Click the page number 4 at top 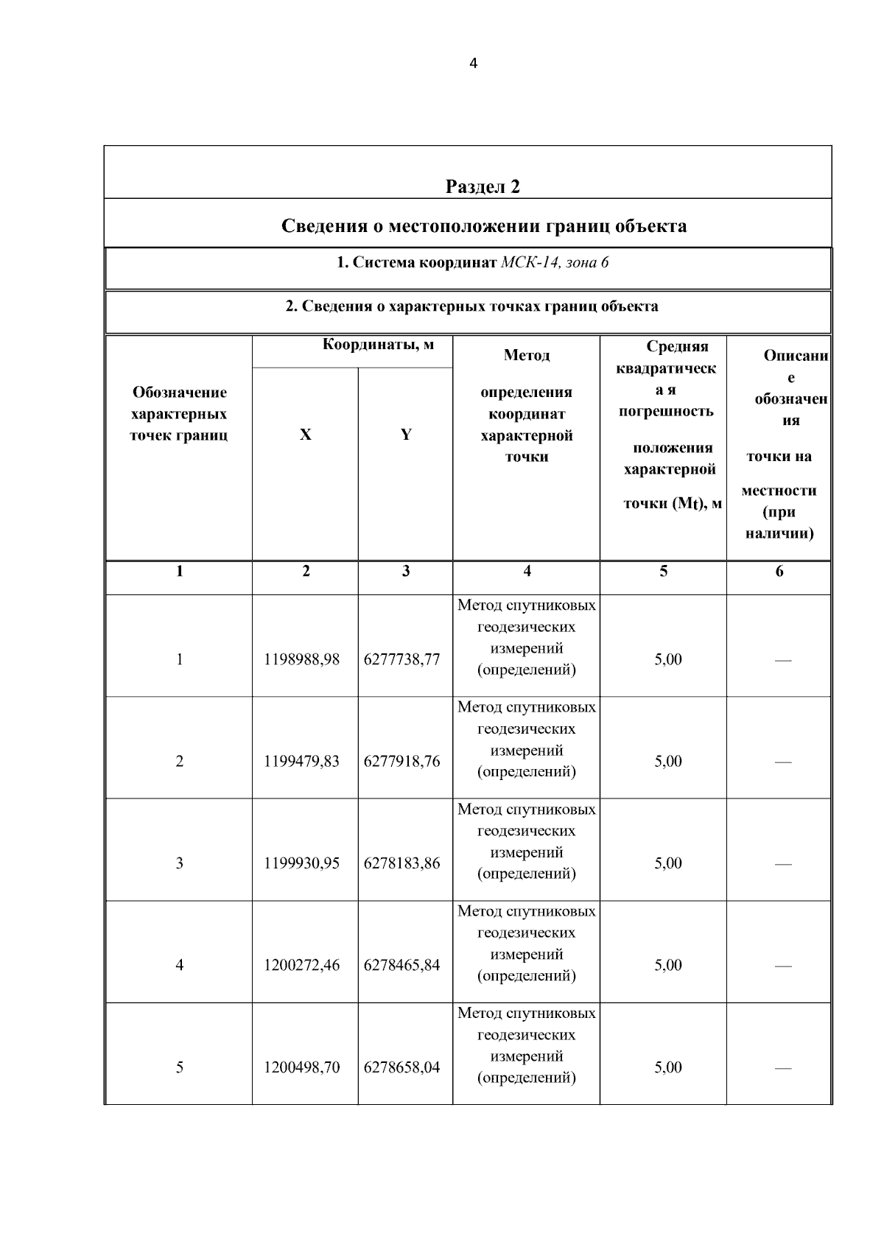click(x=473, y=63)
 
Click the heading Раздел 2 click(x=483, y=186)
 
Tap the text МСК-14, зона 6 click(x=554, y=262)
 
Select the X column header click(x=305, y=435)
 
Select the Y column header click(x=405, y=435)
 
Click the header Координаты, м click(x=378, y=344)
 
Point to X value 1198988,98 click(x=302, y=659)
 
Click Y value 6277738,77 click(x=401, y=659)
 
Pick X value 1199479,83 click(x=302, y=761)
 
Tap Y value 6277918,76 click(x=401, y=761)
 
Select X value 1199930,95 click(x=302, y=863)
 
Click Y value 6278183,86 click(x=401, y=863)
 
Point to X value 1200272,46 click(x=302, y=965)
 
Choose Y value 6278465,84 click(x=401, y=965)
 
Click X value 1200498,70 click(x=302, y=1067)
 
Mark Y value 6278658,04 click(x=401, y=1067)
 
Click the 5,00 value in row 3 click(x=668, y=863)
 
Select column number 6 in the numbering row click(x=779, y=571)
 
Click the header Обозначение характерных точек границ click(x=179, y=414)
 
